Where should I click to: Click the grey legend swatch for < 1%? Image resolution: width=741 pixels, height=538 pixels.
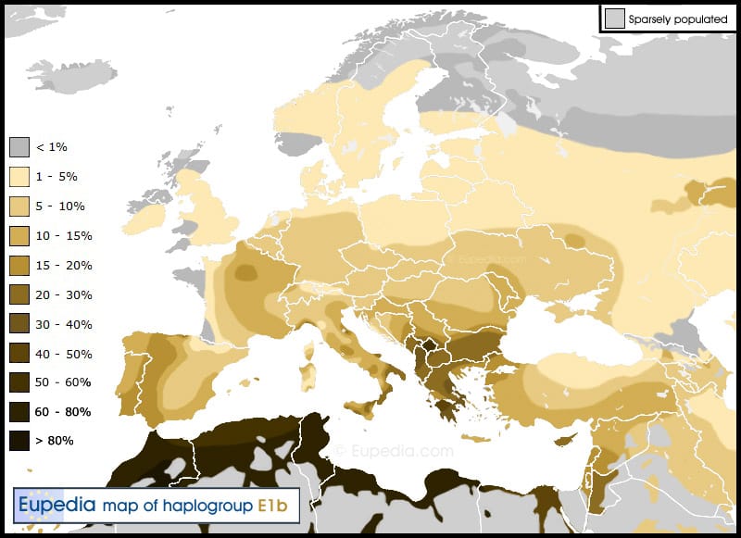pyautogui.click(x=19, y=147)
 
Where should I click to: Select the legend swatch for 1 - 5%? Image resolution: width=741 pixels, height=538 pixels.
pyautogui.click(x=19, y=177)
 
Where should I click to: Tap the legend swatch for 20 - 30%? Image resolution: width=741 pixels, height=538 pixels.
pyautogui.click(x=19, y=295)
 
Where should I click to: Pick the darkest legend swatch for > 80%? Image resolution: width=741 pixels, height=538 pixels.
pyautogui.click(x=19, y=441)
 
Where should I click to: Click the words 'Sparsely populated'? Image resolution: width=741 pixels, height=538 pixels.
pyautogui.click(x=677, y=19)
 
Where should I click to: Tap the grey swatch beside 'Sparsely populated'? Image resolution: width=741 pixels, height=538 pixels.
pyautogui.click(x=614, y=19)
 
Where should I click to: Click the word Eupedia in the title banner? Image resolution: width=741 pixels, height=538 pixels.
pyautogui.click(x=58, y=505)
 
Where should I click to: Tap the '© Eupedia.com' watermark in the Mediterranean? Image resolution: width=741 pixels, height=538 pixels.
pyautogui.click(x=395, y=451)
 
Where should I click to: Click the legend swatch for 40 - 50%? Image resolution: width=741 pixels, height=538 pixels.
pyautogui.click(x=19, y=354)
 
